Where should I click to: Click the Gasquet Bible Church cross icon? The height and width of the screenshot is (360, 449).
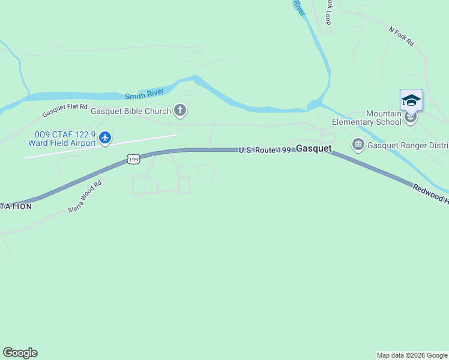pyautogui.click(x=180, y=110)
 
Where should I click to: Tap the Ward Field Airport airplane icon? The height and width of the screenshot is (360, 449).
pyautogui.click(x=106, y=137)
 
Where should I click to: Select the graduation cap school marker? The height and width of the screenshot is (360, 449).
pyautogui.click(x=411, y=100)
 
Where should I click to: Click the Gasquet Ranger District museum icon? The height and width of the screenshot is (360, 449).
pyautogui.click(x=358, y=145)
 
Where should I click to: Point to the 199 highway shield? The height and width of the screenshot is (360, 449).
pyautogui.click(x=133, y=159)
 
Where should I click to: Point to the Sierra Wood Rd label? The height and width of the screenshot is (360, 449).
pyautogui.click(x=85, y=197)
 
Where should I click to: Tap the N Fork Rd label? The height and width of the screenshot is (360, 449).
pyautogui.click(x=402, y=37)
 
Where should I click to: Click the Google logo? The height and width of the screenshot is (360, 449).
pyautogui.click(x=20, y=353)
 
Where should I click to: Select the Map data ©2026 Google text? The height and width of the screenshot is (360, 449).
pyautogui.click(x=412, y=355)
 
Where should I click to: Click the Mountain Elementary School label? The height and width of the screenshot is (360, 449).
pyautogui.click(x=384, y=118)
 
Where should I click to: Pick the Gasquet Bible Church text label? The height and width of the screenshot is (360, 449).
pyautogui.click(x=130, y=111)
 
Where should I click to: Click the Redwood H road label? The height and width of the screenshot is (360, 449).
pyautogui.click(x=430, y=194)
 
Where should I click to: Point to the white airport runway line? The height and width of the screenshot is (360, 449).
pyautogui.click(x=101, y=146)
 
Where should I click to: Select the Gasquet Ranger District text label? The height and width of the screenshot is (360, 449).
pyautogui.click(x=408, y=145)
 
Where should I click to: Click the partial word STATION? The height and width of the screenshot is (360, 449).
pyautogui.click(x=16, y=206)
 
